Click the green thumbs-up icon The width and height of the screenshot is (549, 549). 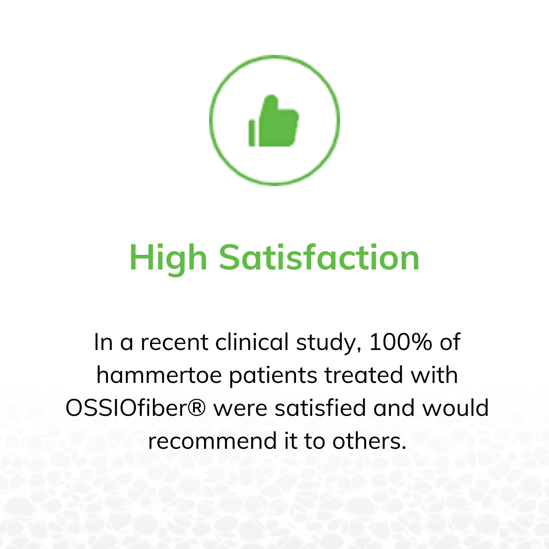pyautogui.click(x=274, y=121)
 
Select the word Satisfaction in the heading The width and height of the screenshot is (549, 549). pyautogui.click(x=319, y=257)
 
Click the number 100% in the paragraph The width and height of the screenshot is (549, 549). pyautogui.click(x=401, y=342)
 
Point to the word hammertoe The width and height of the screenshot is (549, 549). pyautogui.click(x=159, y=375)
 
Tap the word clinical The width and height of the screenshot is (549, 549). pyautogui.click(x=252, y=342)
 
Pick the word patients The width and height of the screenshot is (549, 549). pyautogui.click(x=273, y=376)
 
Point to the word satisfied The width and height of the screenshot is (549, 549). pyautogui.click(x=320, y=408)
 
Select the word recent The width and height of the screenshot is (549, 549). pyautogui.click(x=174, y=343)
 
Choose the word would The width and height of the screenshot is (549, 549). pyautogui.click(x=456, y=408)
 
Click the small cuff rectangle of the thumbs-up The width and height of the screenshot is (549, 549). pyautogui.click(x=252, y=133)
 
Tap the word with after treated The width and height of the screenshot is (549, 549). pyautogui.click(x=434, y=375)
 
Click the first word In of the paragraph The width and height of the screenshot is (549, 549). pyautogui.click(x=103, y=342)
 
